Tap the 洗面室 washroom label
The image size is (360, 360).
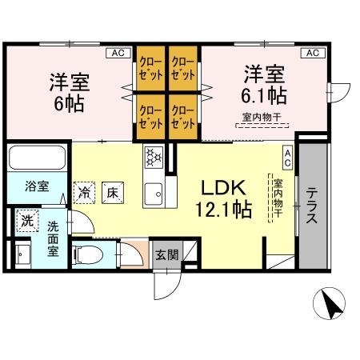[54, 238]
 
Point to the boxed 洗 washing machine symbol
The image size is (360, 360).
[27, 221]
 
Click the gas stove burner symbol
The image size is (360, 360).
[153, 157]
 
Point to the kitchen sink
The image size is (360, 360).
[153, 192]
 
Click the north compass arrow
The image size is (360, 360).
[329, 304]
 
